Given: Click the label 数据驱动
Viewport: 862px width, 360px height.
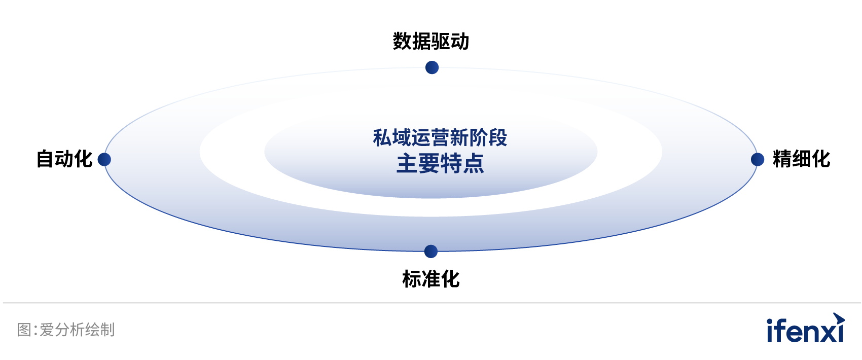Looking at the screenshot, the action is (x=430, y=41).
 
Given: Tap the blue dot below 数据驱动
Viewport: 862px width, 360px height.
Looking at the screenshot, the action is (x=432, y=67).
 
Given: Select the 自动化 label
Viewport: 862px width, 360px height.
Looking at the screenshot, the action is (x=64, y=159).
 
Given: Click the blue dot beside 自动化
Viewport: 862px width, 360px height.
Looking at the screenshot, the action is (x=104, y=159).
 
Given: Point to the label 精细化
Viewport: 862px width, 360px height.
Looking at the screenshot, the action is (x=801, y=159).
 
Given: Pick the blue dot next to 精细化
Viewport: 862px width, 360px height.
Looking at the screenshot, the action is (x=758, y=159).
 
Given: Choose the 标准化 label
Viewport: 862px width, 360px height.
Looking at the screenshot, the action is (x=430, y=279).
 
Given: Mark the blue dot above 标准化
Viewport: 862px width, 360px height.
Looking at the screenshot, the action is (x=430, y=251).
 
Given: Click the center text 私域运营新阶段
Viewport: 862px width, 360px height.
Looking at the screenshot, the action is (x=440, y=138).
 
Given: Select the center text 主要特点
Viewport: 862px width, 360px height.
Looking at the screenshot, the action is (x=440, y=163).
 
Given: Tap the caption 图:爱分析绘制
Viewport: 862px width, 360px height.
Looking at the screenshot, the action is (x=66, y=330).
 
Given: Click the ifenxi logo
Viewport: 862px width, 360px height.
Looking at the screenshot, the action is (x=806, y=328).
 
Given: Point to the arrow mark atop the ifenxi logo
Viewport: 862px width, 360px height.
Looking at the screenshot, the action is (x=839, y=319).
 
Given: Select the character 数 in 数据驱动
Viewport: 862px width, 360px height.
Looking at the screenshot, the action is (x=402, y=41).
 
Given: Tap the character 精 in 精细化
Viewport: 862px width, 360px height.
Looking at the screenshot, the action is (x=782, y=159).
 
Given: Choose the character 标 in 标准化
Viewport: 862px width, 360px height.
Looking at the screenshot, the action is (x=412, y=279).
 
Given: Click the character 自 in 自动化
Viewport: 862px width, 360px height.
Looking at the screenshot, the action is (x=46, y=159).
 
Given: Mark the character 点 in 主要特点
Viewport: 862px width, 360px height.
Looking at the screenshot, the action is (x=473, y=163).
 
